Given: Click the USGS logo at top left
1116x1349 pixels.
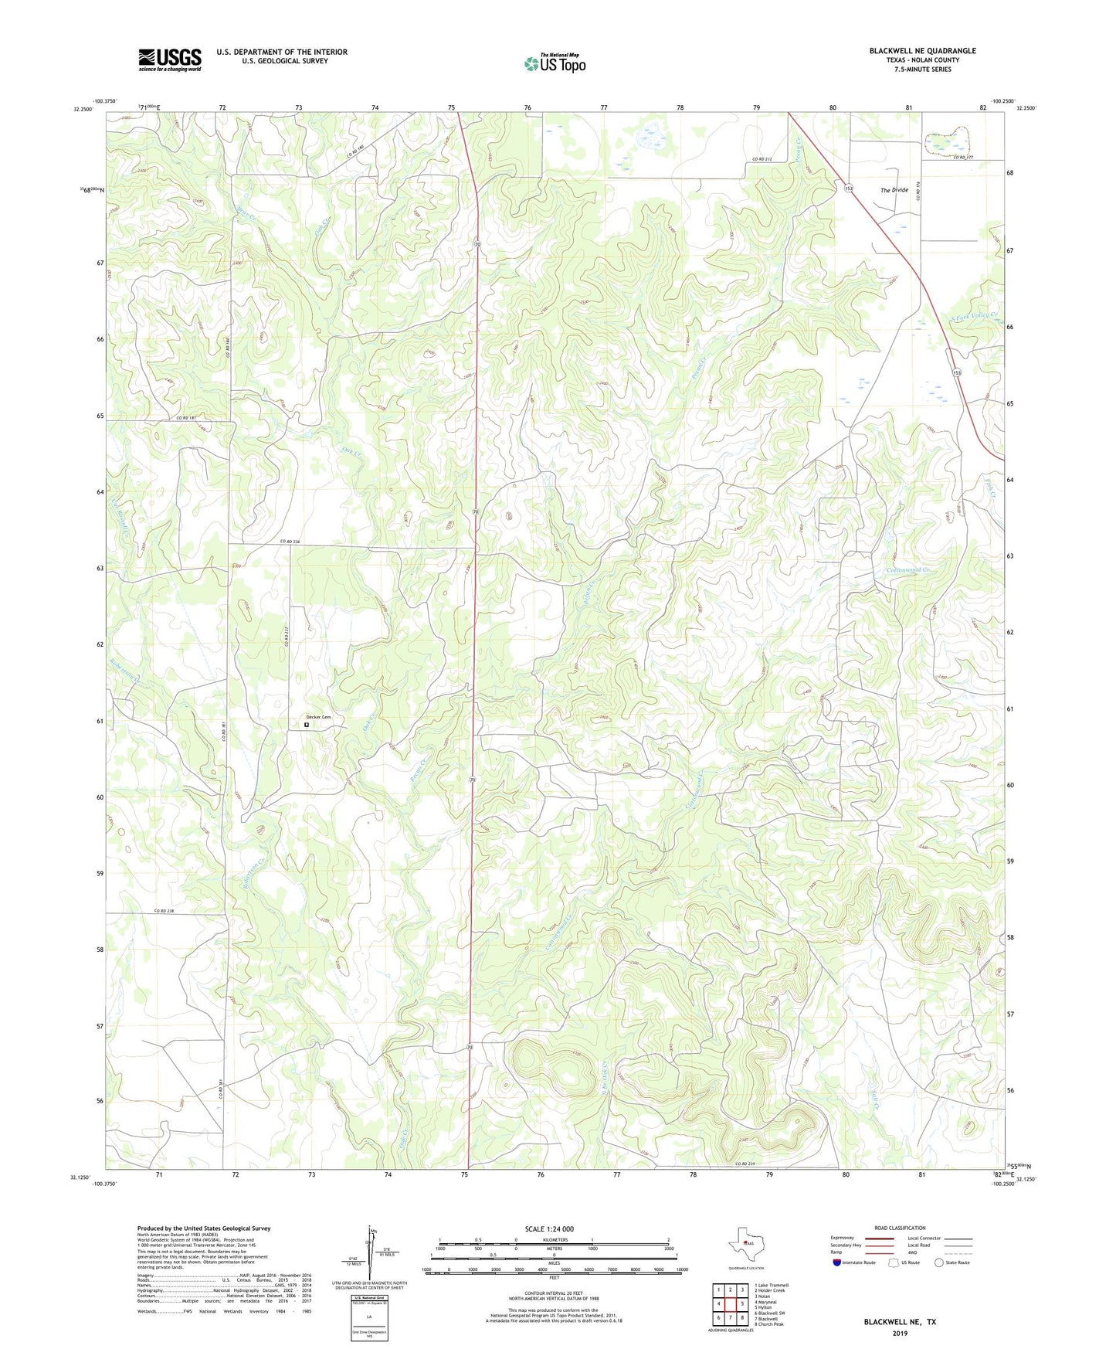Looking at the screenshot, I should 169,59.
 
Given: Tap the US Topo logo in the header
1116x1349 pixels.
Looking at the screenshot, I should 555,63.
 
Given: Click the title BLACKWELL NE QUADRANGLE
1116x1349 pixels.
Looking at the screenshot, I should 922,51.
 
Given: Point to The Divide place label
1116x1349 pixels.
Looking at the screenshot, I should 894,189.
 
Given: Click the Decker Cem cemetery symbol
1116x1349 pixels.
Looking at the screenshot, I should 307,725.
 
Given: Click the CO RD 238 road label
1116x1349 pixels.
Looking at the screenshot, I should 165,911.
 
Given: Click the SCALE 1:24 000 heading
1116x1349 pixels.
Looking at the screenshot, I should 549,1228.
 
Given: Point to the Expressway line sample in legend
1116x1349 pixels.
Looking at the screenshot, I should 878,1238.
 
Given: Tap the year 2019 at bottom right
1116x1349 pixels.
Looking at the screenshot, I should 899,1333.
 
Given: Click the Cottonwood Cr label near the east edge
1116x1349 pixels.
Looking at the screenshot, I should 908,570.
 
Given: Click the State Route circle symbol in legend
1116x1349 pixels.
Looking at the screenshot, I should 938,1262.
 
